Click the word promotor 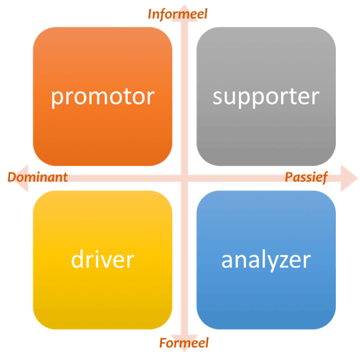point(103,98)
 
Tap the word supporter point(266,98)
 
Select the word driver point(103,259)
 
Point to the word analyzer point(266,261)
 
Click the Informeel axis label point(177,14)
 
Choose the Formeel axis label point(184,343)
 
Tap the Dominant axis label point(38,177)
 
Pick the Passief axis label point(306,177)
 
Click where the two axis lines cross point(185,178)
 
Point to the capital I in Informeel point(151,14)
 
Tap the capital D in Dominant point(12,177)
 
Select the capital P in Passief point(289,177)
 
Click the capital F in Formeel point(164,343)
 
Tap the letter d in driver point(78,259)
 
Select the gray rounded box point(266,96)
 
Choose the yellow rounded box point(103,260)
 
